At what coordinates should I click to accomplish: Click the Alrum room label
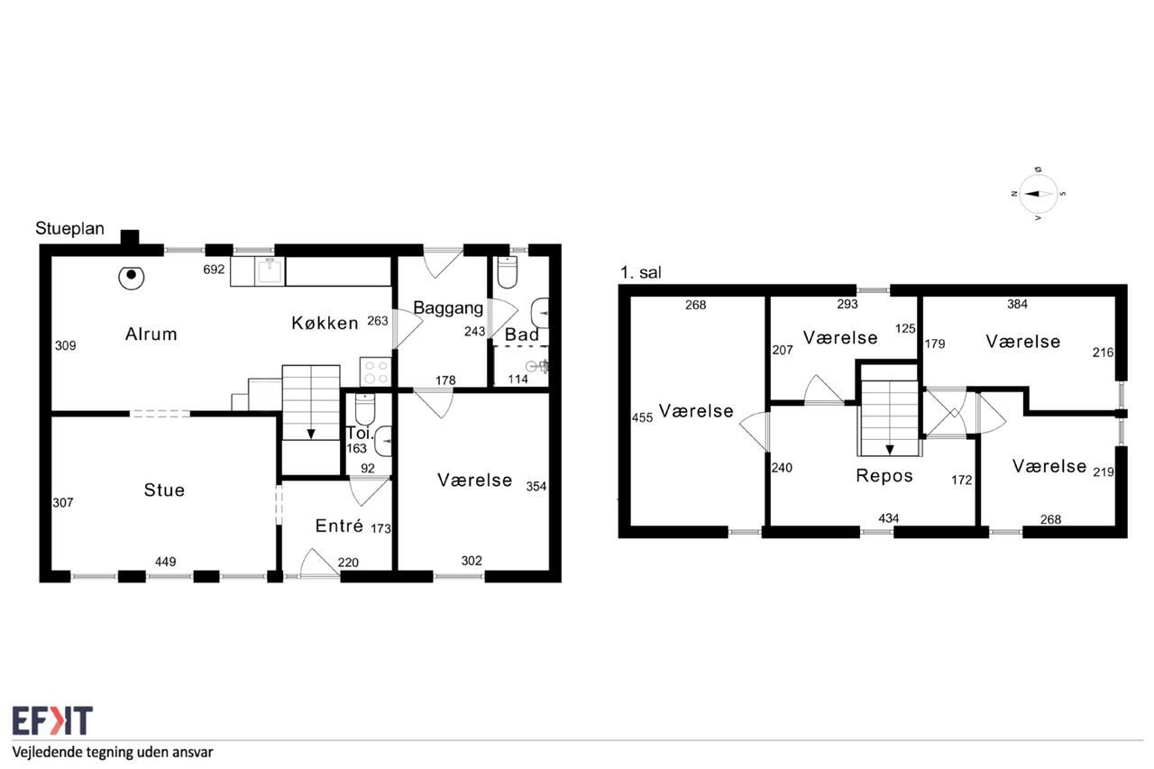pos(151,334)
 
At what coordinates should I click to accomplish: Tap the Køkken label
pos(325,323)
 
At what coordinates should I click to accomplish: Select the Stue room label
pos(164,490)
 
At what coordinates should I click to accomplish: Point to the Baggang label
pos(448,308)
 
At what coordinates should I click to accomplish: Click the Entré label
pos(339,526)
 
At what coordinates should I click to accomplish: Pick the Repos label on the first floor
pos(884,475)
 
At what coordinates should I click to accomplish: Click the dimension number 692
pos(214,270)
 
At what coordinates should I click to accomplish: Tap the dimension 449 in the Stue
pos(165,562)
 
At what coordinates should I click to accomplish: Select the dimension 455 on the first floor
pos(642,417)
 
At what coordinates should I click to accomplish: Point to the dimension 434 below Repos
pos(889,518)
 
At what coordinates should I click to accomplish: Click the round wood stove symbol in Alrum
pos(132,277)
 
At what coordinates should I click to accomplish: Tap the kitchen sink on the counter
pos(270,270)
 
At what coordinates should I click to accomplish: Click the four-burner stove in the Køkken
pos(376,372)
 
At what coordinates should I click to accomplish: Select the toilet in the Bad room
pos(507,272)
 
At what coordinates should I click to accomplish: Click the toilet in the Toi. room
pos(365,409)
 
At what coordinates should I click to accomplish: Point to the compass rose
pos(1038,194)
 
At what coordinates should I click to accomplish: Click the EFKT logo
pos(52,720)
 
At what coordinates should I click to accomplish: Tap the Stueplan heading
pos(69,228)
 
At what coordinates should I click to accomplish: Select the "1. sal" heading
pos(640,272)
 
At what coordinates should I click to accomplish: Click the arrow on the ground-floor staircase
pos(311,434)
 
